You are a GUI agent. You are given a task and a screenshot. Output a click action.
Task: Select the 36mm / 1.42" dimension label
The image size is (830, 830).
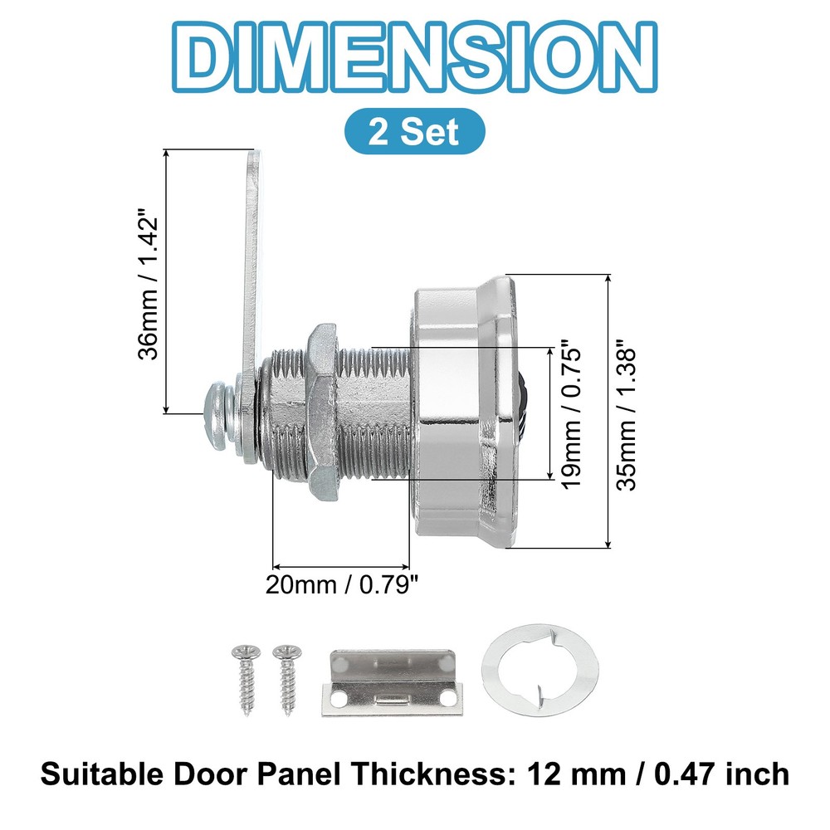coord(149,282)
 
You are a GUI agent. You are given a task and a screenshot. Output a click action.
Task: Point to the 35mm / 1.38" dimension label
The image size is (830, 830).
coord(629,412)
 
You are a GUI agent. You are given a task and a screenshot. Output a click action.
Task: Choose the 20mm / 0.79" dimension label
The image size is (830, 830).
coord(340,584)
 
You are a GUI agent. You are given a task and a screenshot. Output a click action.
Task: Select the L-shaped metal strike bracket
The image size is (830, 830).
coord(391,682)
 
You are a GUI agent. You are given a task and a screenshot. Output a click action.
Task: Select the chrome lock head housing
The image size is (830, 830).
coord(461,411)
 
